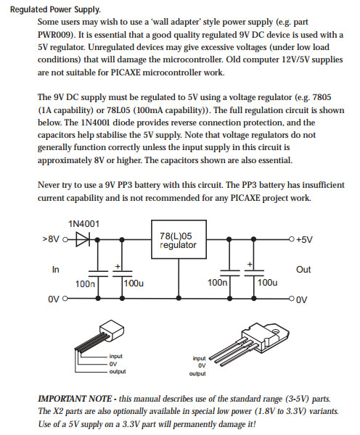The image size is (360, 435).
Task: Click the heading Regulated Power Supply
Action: [55, 9]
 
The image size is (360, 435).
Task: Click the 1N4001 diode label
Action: [83, 224]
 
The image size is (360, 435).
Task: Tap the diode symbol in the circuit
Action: [83, 239]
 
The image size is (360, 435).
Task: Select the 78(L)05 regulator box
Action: [179, 239]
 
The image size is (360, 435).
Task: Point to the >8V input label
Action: [51, 239]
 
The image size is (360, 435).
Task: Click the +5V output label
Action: [304, 239]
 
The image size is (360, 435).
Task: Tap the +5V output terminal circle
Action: [291, 239]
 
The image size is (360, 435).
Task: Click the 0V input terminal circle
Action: [65, 299]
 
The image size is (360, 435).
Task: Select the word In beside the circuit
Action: [56, 270]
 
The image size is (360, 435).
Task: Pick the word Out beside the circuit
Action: [303, 270]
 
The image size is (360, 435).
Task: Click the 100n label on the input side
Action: [85, 284]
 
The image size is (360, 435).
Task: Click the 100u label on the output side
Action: [267, 283]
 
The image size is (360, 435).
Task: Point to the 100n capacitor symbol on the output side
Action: [230, 273]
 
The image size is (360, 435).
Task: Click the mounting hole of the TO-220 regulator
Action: [276, 331]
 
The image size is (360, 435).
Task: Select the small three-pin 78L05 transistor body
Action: [112, 331]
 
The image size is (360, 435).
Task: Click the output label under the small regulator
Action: [118, 371]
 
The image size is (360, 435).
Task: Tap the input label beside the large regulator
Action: [199, 358]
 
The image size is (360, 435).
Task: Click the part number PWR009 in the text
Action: [56, 35]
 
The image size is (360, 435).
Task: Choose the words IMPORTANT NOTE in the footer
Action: [75, 399]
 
